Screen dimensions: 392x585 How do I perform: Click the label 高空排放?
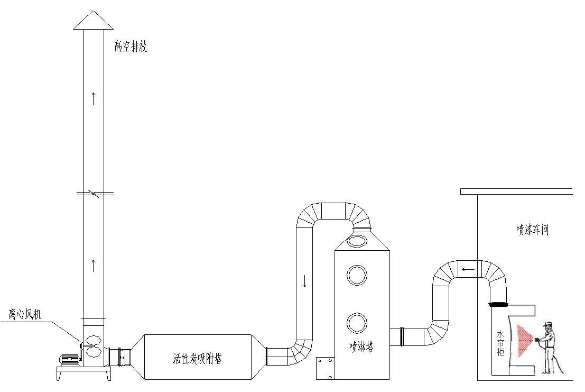131,47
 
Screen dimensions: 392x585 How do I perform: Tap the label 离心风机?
25,314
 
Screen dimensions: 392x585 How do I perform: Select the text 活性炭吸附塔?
197,359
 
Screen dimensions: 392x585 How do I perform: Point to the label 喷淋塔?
361,347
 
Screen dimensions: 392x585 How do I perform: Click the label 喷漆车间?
533,230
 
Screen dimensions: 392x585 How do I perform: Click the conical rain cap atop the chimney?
94,21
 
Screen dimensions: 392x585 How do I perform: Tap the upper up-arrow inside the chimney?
94,98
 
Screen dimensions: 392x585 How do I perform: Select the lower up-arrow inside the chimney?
94,265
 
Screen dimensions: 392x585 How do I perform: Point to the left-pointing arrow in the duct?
468,270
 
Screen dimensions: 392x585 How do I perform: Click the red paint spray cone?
525,340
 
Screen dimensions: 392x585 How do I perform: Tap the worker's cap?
548,324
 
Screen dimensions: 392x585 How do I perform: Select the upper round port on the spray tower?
357,275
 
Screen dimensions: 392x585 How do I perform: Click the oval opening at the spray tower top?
357,242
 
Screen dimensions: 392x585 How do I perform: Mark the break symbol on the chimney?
94,194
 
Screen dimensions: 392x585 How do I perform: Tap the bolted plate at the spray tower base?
325,368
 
